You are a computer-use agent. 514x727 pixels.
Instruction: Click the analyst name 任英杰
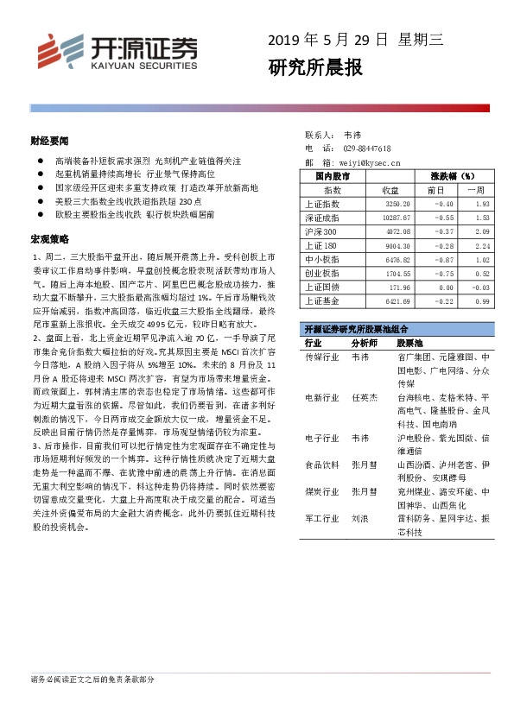pyautogui.click(x=365, y=397)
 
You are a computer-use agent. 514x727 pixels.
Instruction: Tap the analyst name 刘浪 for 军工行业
pyautogui.click(x=360, y=520)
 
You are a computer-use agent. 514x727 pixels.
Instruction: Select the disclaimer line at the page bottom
pyautogui.click(x=92, y=680)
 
